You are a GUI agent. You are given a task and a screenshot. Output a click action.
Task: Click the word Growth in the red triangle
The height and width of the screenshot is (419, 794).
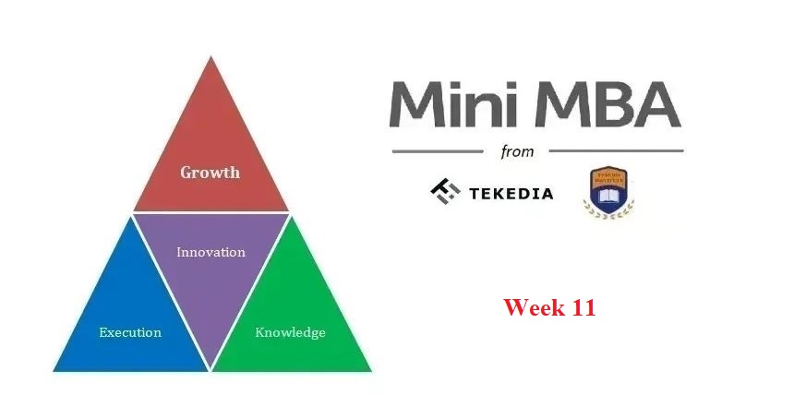click(x=210, y=173)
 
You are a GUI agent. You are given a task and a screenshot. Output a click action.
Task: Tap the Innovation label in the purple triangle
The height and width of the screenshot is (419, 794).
click(x=211, y=252)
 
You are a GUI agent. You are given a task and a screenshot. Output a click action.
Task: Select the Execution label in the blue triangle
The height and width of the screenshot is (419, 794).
click(x=130, y=332)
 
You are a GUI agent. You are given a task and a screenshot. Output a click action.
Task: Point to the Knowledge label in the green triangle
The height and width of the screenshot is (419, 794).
click(x=290, y=332)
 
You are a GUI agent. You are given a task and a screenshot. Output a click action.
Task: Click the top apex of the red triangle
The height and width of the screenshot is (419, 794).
click(x=211, y=57)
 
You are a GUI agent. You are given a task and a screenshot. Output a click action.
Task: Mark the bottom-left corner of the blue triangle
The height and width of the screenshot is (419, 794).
click(x=54, y=371)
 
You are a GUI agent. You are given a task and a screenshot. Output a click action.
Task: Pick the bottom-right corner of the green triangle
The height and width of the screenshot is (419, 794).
click(x=370, y=371)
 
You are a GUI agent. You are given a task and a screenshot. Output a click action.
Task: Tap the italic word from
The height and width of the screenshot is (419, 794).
click(x=517, y=151)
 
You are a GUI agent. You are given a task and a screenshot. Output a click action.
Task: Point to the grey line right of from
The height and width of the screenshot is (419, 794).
click(x=615, y=150)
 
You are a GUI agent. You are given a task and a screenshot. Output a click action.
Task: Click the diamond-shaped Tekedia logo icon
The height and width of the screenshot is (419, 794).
click(x=445, y=191)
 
